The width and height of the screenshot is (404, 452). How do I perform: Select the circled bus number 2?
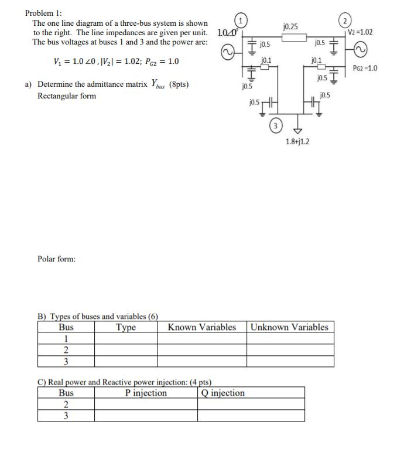(x=350, y=18)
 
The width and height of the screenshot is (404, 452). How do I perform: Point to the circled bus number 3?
(x=276, y=125)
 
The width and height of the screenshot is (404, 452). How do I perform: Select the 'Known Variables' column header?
(x=201, y=327)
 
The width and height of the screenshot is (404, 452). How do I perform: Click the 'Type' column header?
(x=126, y=327)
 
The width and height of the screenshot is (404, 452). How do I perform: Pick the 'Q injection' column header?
(x=222, y=393)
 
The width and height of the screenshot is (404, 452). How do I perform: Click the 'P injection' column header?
(x=146, y=393)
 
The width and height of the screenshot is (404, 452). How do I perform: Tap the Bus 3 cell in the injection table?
(x=66, y=416)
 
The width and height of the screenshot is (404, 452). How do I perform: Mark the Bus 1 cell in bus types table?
(x=66, y=339)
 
